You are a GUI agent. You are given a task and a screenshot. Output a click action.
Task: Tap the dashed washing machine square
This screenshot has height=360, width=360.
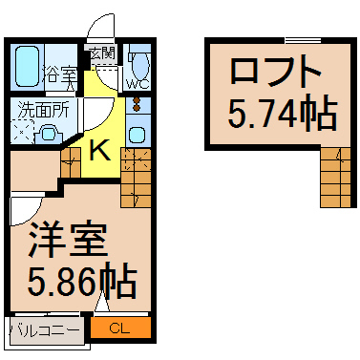coord(22,133)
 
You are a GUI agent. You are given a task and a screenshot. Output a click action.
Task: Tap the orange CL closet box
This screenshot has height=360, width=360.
coord(120,328)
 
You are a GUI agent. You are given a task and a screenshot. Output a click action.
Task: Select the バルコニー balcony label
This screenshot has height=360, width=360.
coord(44,329)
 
